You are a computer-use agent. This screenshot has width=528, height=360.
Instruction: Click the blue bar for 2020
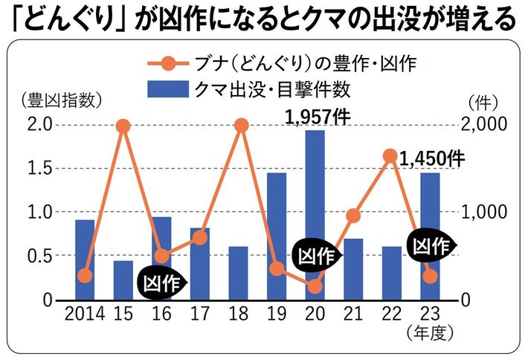(x=315, y=216)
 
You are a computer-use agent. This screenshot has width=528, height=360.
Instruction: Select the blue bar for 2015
(x=123, y=280)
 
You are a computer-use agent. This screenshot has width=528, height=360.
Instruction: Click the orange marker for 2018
(x=240, y=125)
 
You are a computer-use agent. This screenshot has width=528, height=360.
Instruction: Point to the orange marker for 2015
(x=123, y=125)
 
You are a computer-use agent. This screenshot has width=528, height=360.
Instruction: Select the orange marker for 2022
(x=390, y=155)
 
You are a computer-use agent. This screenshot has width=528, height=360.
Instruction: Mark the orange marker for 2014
(x=85, y=276)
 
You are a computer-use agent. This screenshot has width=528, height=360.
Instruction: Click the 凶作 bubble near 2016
(x=161, y=281)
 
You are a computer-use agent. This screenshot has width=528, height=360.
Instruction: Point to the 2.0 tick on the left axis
(x=41, y=124)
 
